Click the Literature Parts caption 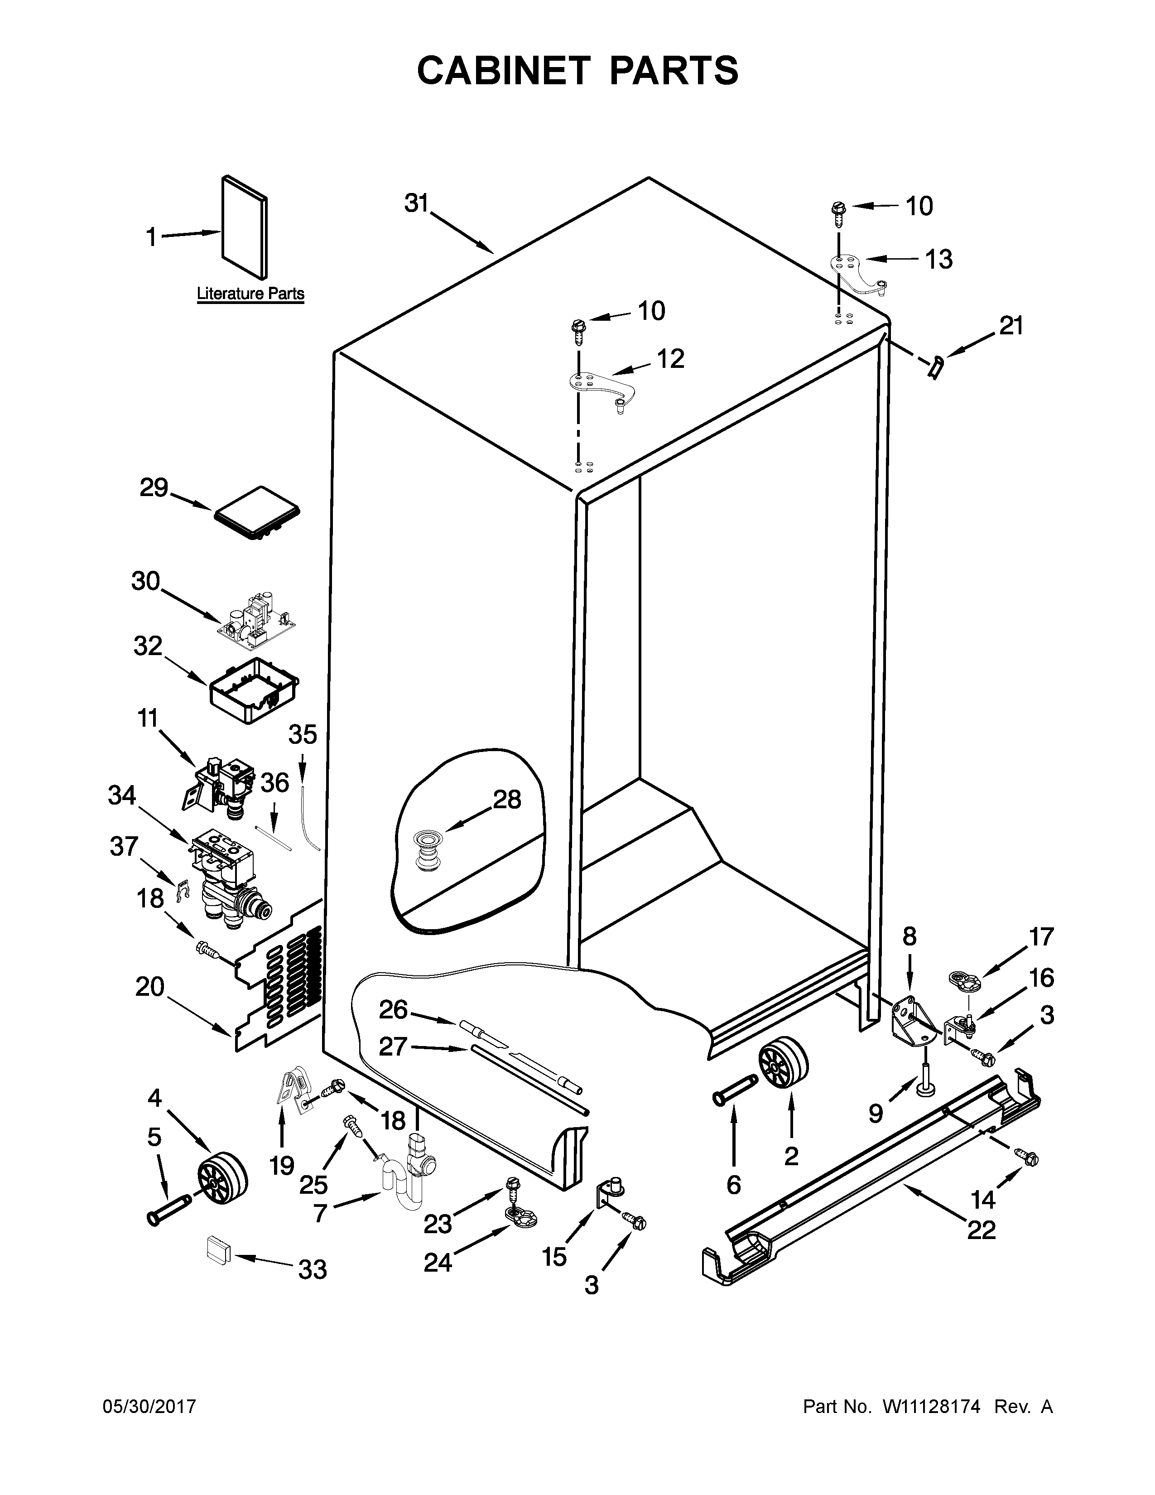250,294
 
